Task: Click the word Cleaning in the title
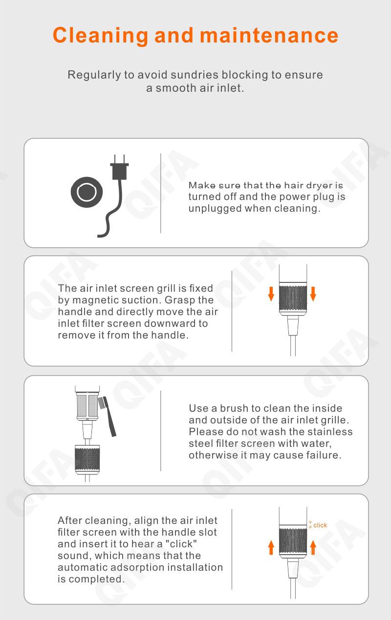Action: [x=100, y=36]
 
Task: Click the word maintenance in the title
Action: [x=269, y=36]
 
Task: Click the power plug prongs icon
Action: [x=120, y=167]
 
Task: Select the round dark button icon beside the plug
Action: [x=87, y=192]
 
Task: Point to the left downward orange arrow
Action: [x=271, y=294]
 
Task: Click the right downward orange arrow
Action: [x=313, y=294]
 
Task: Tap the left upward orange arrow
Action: [x=271, y=547]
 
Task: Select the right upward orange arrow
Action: [x=313, y=547]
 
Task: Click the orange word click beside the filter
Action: [x=320, y=525]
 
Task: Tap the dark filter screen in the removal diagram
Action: [x=293, y=299]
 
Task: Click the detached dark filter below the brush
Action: [x=87, y=459]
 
